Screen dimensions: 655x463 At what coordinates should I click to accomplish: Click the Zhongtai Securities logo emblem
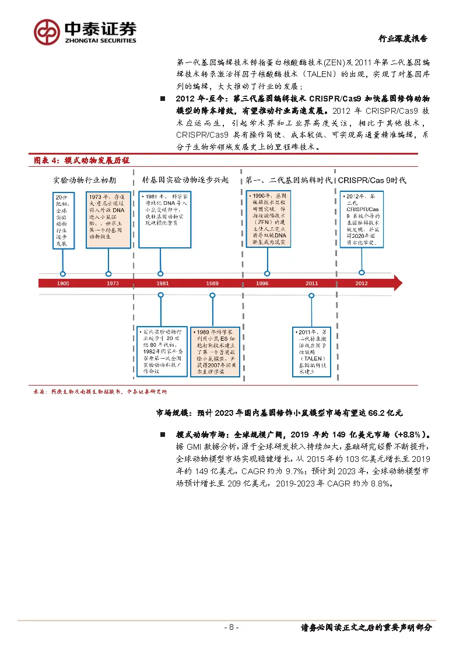click(x=47, y=31)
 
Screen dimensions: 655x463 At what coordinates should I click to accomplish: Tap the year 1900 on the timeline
click(x=63, y=283)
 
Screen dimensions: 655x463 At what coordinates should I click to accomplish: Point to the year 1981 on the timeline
click(x=163, y=283)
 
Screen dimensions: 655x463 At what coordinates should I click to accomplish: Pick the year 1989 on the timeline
click(x=212, y=283)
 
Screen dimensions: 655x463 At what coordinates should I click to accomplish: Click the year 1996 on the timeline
click(x=262, y=283)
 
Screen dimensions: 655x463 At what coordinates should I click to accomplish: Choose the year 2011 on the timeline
click(x=312, y=283)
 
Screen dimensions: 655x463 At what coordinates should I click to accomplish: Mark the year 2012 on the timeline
click(x=362, y=283)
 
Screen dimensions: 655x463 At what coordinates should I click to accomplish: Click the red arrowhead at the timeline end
click(x=398, y=283)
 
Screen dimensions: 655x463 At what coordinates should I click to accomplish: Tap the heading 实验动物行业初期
click(x=85, y=180)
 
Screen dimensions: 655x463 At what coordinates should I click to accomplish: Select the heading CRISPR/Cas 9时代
click(x=372, y=180)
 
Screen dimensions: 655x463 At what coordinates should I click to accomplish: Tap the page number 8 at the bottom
click(x=232, y=628)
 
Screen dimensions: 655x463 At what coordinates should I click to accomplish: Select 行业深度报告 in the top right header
click(x=402, y=39)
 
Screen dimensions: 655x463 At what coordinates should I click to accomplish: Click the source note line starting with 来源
click(x=100, y=392)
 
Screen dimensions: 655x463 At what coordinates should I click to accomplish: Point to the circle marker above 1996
click(x=267, y=274)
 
